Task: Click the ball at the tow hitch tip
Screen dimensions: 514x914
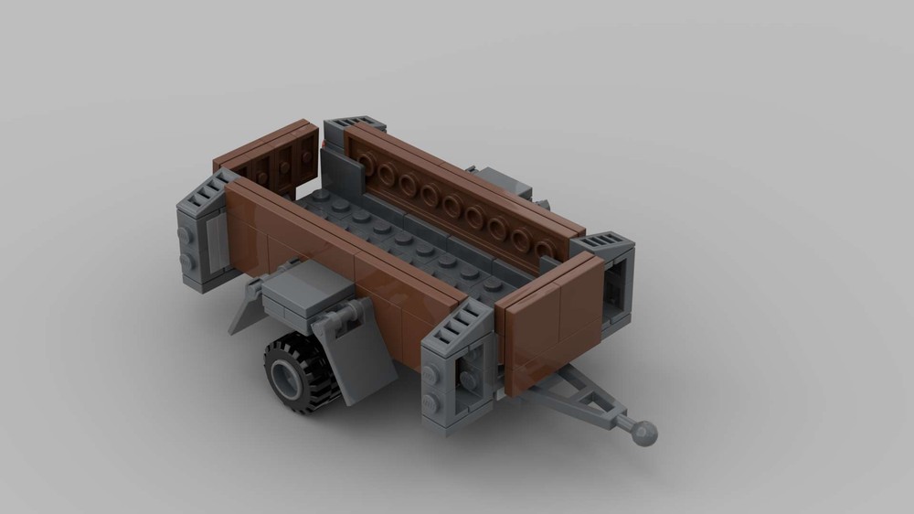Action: (x=647, y=433)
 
